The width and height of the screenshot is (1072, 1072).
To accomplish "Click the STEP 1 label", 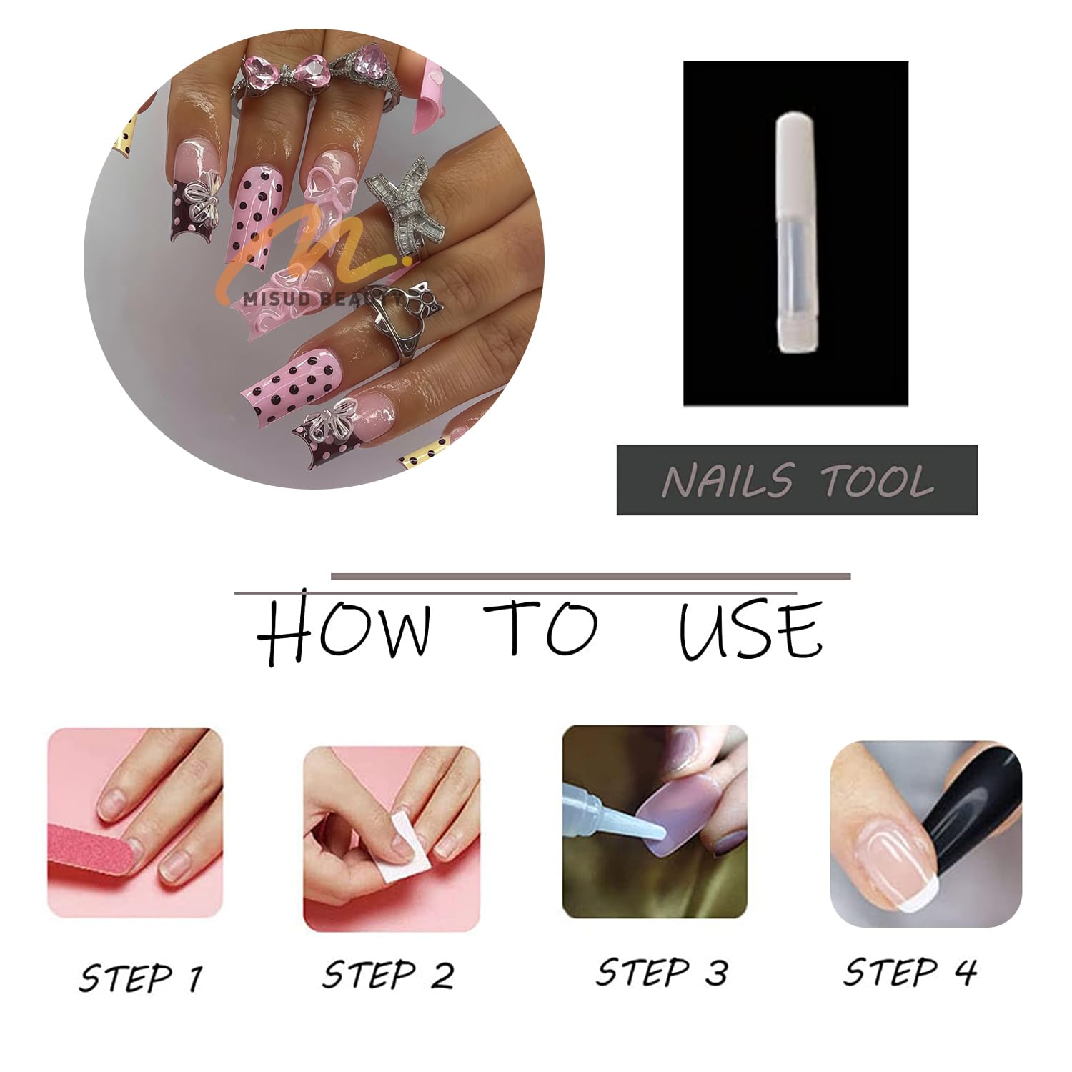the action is click(141, 977).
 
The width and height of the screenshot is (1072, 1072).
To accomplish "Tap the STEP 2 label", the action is click(388, 975).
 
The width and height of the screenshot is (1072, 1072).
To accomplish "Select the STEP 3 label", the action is click(662, 973).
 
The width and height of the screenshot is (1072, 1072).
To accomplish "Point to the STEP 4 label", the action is click(910, 972).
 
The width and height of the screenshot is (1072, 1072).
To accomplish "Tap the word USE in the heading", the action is click(750, 629).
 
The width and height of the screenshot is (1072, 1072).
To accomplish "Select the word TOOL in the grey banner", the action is click(877, 480).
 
